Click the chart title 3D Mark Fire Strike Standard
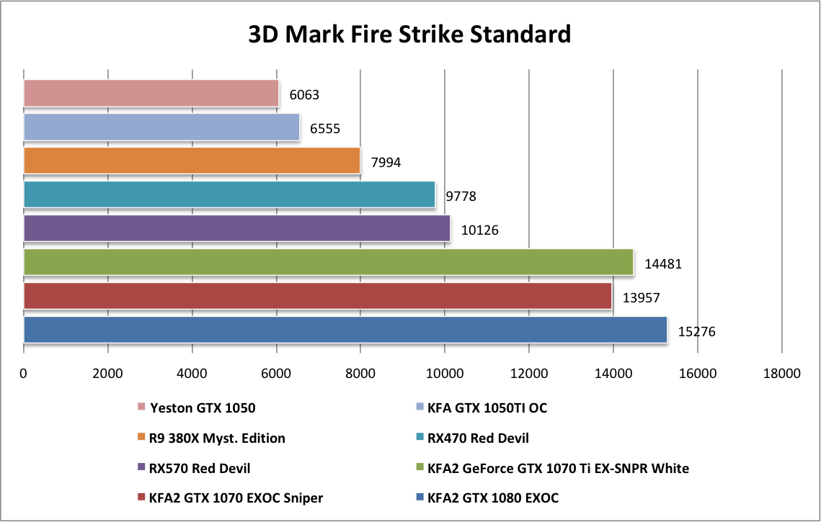pos(409,34)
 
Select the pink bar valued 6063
pos(151,94)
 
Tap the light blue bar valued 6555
pos(161,127)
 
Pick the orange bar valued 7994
pos(191,161)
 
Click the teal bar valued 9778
pos(228,195)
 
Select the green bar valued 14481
pos(328,262)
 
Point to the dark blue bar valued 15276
pos(345,330)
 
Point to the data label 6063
pos(304,95)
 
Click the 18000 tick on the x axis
pos(781,374)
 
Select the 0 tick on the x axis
pos(24,374)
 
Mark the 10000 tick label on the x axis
pos(445,374)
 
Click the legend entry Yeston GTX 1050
pos(203,408)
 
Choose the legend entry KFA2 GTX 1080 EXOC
pos(493,498)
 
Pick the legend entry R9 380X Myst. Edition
pos(217,438)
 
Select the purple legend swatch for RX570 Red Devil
pos(141,469)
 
